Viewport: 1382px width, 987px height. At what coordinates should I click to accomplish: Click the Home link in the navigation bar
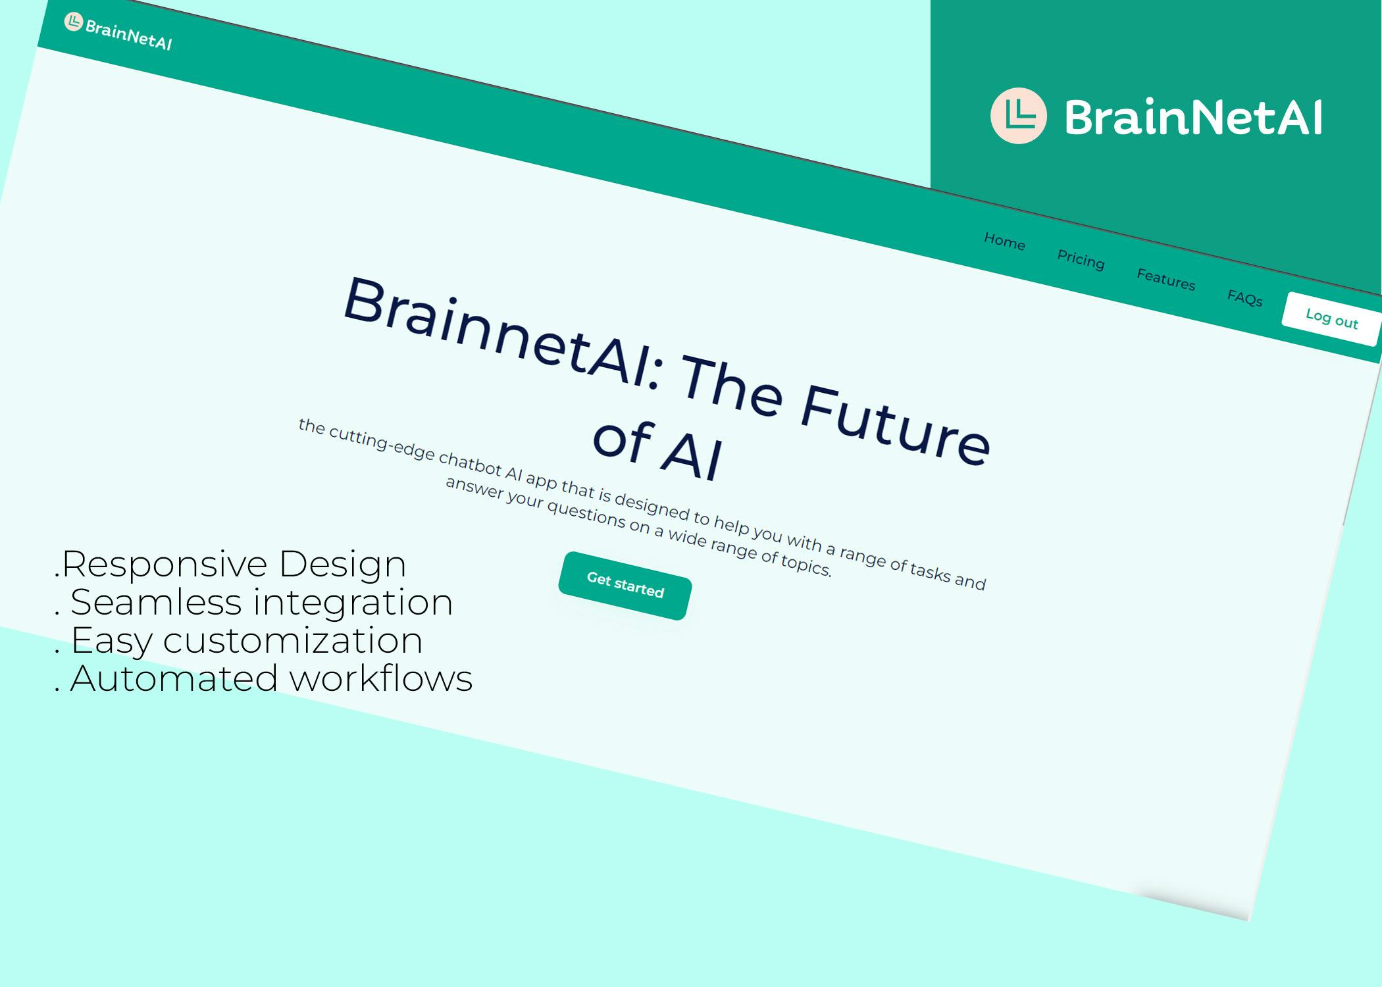tap(1004, 241)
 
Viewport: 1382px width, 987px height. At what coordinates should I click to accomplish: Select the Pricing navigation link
tap(1081, 260)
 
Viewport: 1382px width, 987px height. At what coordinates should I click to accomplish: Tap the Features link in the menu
tap(1165, 279)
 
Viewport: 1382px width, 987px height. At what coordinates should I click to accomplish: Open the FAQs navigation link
tap(1244, 297)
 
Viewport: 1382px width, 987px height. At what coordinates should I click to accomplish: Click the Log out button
tap(1331, 318)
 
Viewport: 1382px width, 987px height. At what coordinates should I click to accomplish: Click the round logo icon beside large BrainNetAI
tap(1018, 116)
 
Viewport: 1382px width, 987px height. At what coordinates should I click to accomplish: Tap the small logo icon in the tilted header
tap(73, 22)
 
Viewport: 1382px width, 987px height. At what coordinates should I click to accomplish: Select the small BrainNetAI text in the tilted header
tap(129, 36)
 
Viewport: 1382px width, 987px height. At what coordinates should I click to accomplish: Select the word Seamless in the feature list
tap(156, 602)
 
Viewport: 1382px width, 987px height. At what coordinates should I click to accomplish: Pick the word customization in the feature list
tap(293, 640)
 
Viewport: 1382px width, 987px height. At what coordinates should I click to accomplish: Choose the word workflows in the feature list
tap(382, 678)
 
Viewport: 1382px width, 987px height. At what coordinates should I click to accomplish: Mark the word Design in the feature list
tap(342, 565)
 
